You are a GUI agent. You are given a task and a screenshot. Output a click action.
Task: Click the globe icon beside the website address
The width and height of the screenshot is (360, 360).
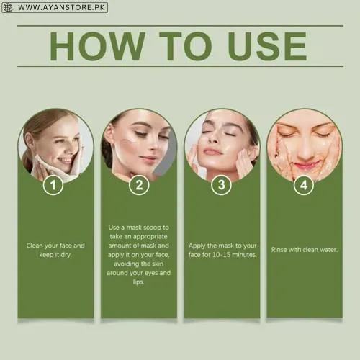click(7, 7)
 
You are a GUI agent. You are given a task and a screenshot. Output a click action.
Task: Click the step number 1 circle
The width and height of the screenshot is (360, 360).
click(53, 186)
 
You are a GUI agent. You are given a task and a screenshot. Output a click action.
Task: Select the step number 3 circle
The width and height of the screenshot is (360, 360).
click(221, 186)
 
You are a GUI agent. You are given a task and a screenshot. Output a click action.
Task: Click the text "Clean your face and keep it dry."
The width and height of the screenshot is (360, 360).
click(55, 249)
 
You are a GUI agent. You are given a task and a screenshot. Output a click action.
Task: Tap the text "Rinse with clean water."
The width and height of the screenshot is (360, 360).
click(304, 249)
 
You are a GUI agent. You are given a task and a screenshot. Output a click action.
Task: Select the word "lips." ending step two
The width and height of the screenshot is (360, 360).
click(140, 282)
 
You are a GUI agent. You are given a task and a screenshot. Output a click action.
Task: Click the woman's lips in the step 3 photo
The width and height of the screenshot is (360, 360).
click(213, 152)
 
